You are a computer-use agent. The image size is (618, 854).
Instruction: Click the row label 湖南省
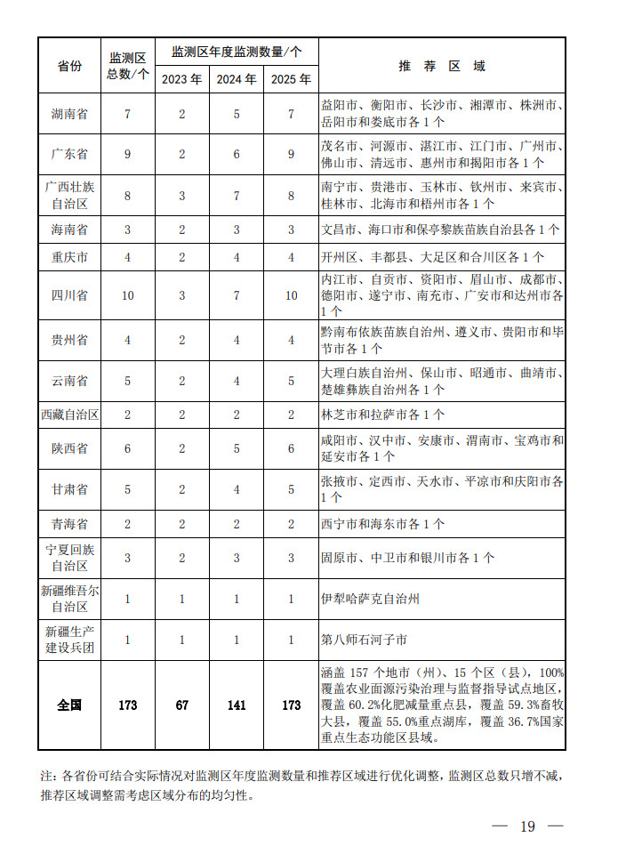pyautogui.click(x=69, y=114)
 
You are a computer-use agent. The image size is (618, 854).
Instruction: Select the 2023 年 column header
pyautogui.click(x=181, y=79)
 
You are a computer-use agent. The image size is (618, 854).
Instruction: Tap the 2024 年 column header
pyautogui.click(x=237, y=79)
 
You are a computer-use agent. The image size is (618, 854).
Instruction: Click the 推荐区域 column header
pyautogui.click(x=442, y=66)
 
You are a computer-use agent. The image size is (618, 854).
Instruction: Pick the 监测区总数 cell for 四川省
pyautogui.click(x=127, y=295)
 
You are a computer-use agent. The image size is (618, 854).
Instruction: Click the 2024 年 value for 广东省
pyautogui.click(x=237, y=154)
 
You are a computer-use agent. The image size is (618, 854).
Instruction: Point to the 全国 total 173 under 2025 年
pyautogui.click(x=291, y=705)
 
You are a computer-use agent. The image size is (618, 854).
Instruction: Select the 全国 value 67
pyautogui.click(x=181, y=705)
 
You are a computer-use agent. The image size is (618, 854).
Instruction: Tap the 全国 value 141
pyautogui.click(x=237, y=705)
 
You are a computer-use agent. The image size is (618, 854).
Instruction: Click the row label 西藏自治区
pyautogui.click(x=69, y=415)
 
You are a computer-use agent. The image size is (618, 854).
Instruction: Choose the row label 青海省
pyautogui.click(x=69, y=524)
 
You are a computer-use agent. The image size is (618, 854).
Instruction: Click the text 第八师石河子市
pyautogui.click(x=365, y=639)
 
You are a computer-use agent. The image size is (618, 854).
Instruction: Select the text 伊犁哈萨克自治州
pyautogui.click(x=371, y=599)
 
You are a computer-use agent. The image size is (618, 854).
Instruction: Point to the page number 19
pyautogui.click(x=527, y=826)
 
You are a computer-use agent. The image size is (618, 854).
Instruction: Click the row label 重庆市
pyautogui.click(x=69, y=257)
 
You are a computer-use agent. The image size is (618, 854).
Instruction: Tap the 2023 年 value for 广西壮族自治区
pyautogui.click(x=181, y=195)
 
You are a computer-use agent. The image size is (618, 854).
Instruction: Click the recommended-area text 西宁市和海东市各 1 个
pyautogui.click(x=383, y=524)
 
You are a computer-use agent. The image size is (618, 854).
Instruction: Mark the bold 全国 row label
pyautogui.click(x=69, y=705)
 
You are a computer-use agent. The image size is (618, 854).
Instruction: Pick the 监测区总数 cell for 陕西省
pyautogui.click(x=127, y=448)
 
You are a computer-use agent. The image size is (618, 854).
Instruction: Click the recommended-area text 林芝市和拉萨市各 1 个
pyautogui.click(x=383, y=415)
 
